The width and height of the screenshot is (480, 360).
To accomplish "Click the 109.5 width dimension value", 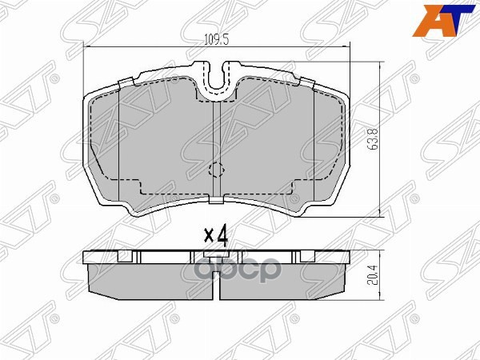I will tap(210, 38).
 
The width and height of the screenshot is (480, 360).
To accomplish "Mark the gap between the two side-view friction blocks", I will tap(216, 282).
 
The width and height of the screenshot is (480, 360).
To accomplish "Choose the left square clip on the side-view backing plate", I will tap(124, 257).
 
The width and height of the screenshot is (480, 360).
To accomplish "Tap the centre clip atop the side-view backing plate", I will tap(216, 256).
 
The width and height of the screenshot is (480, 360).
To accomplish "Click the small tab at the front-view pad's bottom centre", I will tap(216, 198).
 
